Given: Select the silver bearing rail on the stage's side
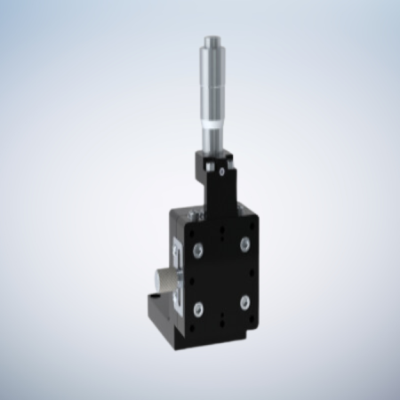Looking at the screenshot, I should pos(180,267).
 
